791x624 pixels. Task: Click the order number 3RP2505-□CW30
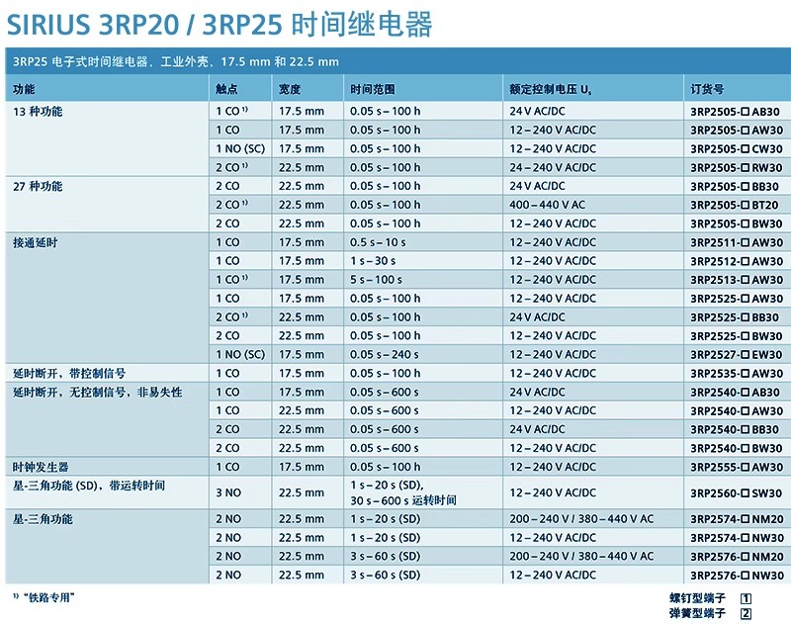736,148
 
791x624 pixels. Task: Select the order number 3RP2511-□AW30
736,242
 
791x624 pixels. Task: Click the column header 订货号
707,89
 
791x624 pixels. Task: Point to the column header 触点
226,89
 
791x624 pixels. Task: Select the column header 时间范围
371,89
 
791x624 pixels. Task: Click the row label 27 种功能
38,186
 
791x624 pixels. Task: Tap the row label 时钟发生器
41,467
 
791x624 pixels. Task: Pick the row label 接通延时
35,242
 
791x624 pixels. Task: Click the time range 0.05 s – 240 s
385,354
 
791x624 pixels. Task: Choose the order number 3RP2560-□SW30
736,492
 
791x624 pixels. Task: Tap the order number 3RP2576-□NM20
736,556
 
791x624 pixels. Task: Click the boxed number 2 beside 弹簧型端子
747,613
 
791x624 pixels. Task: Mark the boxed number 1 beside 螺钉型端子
747,598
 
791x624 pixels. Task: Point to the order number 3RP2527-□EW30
736,354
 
